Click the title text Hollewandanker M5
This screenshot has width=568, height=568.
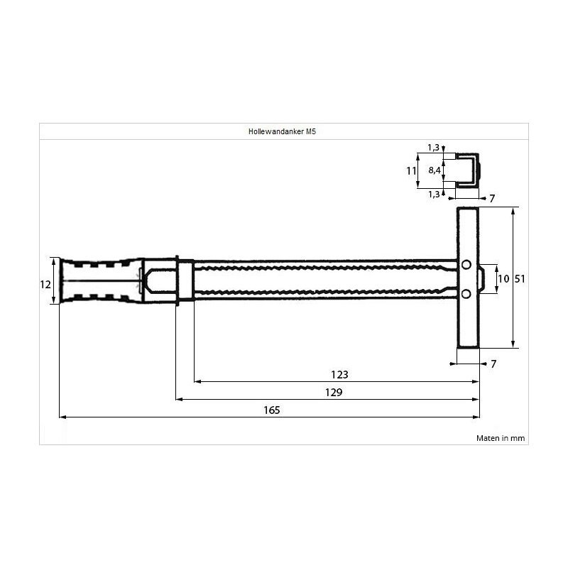[x=283, y=131]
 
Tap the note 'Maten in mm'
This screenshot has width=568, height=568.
[x=500, y=438]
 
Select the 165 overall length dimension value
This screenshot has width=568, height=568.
[x=271, y=410]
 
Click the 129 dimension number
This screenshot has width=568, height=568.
[x=334, y=392]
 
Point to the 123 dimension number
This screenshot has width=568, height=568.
[x=339, y=374]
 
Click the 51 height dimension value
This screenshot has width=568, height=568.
[x=519, y=279]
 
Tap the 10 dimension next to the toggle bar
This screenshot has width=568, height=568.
[x=503, y=279]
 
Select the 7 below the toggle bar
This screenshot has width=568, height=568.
[x=493, y=364]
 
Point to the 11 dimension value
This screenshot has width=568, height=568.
[x=410, y=170]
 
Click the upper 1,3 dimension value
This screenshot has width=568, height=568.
[x=433, y=148]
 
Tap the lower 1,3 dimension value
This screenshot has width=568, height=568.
[x=433, y=193]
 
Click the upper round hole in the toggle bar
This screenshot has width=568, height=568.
[x=466, y=265]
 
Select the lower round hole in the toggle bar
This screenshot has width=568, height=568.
[x=466, y=294]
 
